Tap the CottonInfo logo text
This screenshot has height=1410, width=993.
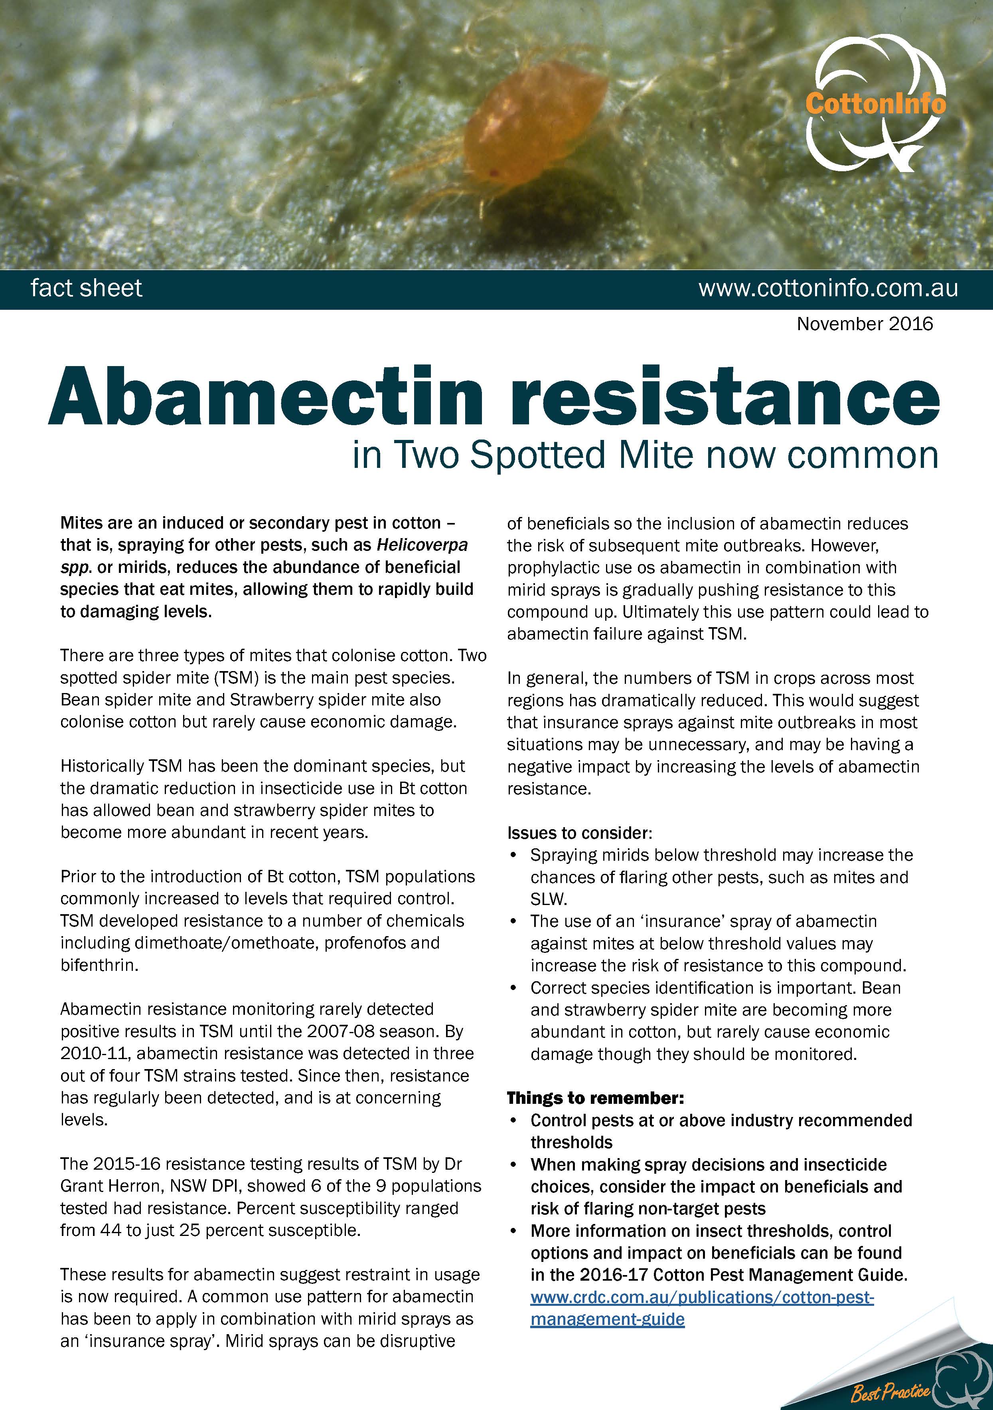(875, 103)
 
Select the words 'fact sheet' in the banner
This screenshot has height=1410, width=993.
(87, 288)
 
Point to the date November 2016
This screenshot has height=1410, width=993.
(864, 324)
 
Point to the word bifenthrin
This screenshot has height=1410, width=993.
(98, 965)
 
